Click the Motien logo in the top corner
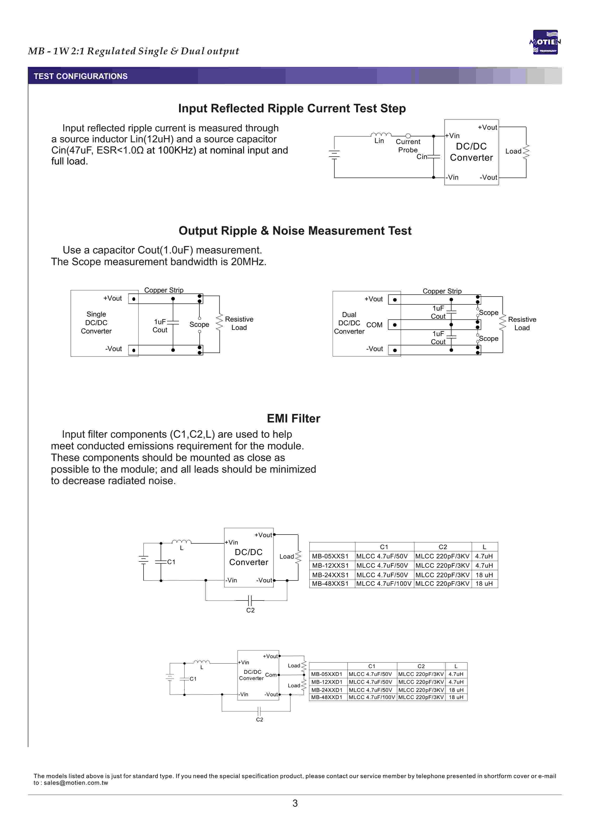pos(545,42)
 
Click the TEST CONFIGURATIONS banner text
pos(81,76)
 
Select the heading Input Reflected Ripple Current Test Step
pos(292,108)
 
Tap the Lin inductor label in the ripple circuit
pos(379,141)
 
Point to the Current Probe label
pos(408,146)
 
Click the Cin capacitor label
pos(421,157)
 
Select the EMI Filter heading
pos(293,418)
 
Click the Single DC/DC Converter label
pos(96,323)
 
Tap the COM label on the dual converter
pos(374,325)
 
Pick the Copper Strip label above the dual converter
pos(442,291)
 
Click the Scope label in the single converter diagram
pos(199,324)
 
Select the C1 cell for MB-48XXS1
pos(384,584)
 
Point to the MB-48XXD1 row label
pos(327,697)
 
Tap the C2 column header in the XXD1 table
pos(421,666)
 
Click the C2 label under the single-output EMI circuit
pos(250,610)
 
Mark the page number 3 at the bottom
pos(295,803)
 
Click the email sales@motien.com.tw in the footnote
pos(76,783)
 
